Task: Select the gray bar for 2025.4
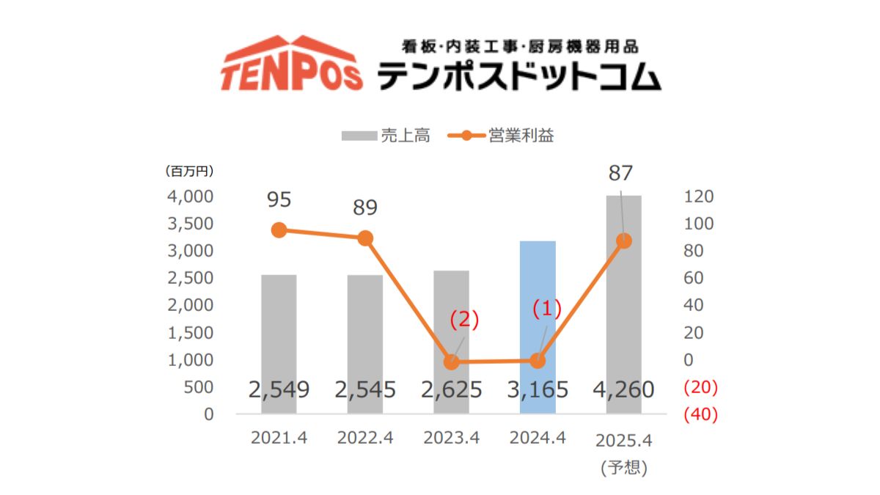[x=623, y=293]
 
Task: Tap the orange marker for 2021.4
[x=279, y=230]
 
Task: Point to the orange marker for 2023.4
[x=452, y=362]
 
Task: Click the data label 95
[x=279, y=199]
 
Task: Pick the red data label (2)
[x=463, y=320]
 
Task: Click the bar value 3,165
[x=538, y=389]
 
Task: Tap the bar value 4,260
[x=623, y=389]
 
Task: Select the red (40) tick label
[x=700, y=414]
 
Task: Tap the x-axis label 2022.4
[x=365, y=439]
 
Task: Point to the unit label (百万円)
[x=188, y=172]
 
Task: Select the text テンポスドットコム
[x=519, y=76]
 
